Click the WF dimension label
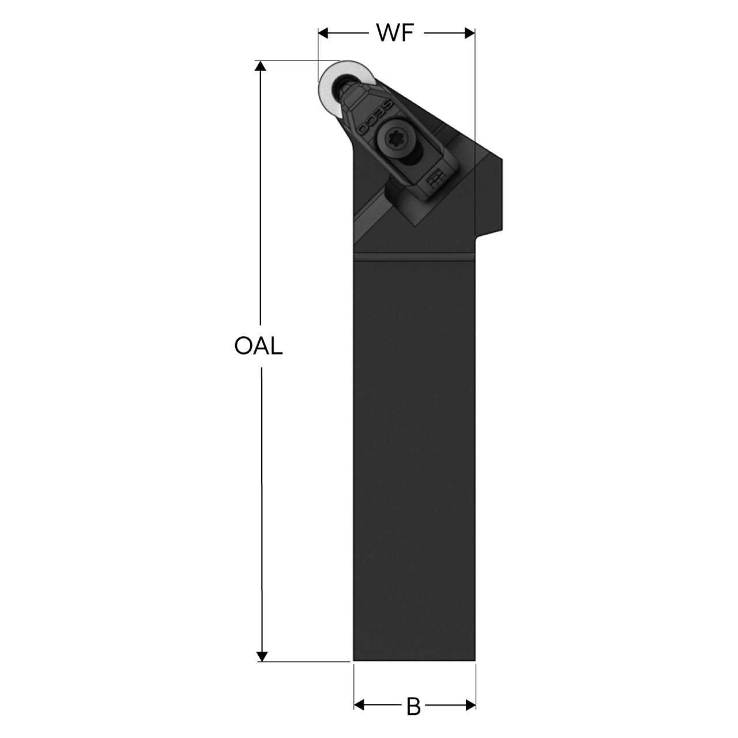396,33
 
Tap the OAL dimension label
258,346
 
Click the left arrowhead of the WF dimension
323,33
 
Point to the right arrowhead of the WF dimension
469,33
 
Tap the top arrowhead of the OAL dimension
261,66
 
